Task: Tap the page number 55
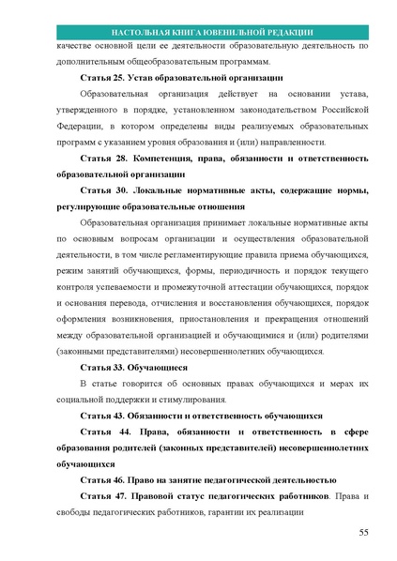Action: [364, 533]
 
